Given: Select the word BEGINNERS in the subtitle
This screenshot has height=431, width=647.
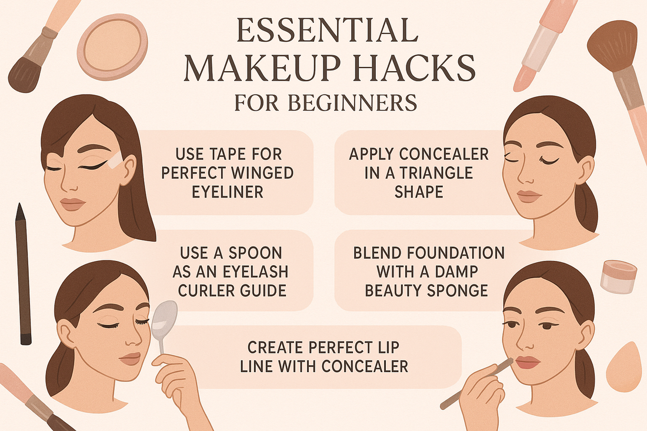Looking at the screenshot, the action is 352,103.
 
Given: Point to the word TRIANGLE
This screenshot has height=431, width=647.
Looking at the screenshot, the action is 436,173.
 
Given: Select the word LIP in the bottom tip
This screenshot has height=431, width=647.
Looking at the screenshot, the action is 389,348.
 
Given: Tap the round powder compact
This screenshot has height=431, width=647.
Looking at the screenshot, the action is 112,46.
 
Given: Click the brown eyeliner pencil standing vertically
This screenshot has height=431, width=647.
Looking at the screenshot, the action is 23,274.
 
